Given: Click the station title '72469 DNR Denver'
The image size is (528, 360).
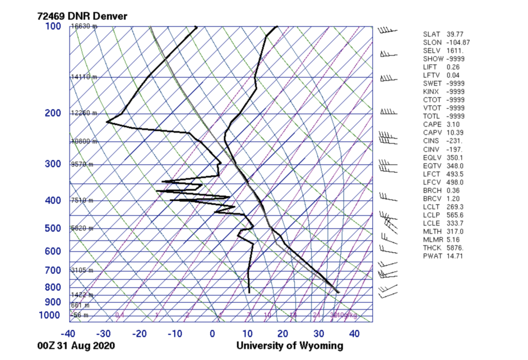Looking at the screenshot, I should coord(82,16).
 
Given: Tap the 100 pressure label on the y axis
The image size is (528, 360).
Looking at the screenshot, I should coord(53,26).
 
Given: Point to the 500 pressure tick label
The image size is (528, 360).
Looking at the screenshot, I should coord(53,228).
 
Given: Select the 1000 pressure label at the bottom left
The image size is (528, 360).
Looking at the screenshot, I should coord(51,315).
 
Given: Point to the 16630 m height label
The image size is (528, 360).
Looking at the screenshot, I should coord(82,26).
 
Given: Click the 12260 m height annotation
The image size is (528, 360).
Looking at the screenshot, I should coord(82,113).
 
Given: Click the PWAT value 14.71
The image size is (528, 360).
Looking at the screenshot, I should coord(455,256).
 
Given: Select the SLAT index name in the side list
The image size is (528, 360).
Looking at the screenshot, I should coord(431,34).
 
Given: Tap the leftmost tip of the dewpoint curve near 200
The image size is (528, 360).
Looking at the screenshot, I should coord(107,122).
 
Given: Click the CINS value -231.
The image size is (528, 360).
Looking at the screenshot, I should coord(454,141).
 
